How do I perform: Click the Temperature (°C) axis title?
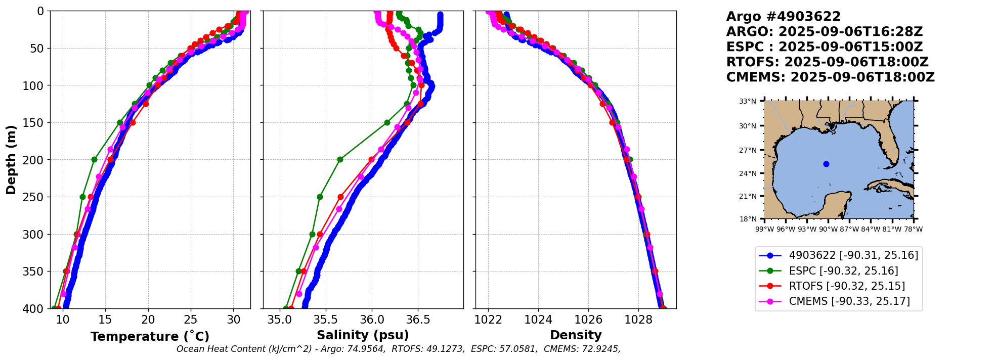150,336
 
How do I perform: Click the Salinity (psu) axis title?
363,335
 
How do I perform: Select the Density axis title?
576,335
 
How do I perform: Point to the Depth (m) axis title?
11,159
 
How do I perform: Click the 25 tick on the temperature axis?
190,320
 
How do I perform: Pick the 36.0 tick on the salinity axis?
371,320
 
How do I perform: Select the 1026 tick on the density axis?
588,320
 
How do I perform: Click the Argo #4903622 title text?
783,17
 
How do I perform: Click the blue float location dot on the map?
826,164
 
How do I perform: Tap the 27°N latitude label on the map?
748,150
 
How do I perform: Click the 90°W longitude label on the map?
828,229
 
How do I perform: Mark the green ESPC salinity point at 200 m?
340,159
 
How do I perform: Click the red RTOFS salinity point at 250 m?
340,197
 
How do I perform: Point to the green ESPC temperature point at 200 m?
94,159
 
